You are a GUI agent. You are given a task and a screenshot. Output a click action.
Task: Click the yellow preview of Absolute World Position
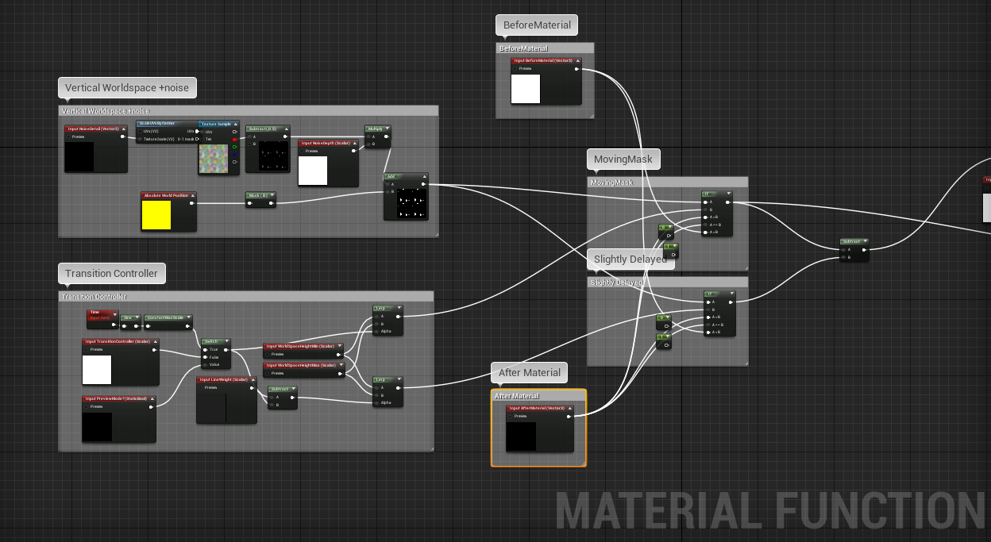pyautogui.click(x=156, y=215)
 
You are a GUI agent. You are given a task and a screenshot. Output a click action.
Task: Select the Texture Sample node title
pyautogui.click(x=216, y=124)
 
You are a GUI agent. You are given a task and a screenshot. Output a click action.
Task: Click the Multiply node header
pyautogui.click(x=377, y=128)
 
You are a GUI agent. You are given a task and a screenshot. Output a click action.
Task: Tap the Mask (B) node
pyautogui.click(x=260, y=194)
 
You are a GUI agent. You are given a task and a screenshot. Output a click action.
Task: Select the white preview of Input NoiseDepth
pyautogui.click(x=312, y=171)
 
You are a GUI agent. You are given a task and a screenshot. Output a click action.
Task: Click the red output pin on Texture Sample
pyautogui.click(x=234, y=139)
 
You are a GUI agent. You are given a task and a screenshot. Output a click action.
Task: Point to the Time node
pyautogui.click(x=102, y=316)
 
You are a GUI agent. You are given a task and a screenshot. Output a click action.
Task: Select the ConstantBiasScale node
pyautogui.click(x=168, y=317)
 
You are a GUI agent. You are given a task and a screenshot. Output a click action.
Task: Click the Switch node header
pyautogui.click(x=212, y=341)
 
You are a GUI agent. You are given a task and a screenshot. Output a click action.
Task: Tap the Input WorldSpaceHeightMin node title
pyautogui.click(x=303, y=346)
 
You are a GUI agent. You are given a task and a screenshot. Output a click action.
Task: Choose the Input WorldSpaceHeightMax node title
pyautogui.click(x=303, y=365)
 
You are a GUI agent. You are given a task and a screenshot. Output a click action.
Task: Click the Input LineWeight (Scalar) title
pyautogui.click(x=226, y=379)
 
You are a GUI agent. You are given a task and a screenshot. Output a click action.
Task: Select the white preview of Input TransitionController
pyautogui.click(x=97, y=370)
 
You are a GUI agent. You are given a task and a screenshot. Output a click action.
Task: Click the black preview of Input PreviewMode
pyautogui.click(x=97, y=427)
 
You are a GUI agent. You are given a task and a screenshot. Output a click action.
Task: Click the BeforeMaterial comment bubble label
pyautogui.click(x=537, y=25)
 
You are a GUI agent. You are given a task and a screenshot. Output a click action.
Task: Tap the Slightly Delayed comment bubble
pyautogui.click(x=630, y=259)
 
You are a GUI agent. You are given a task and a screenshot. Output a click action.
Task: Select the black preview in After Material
pyautogui.click(x=521, y=436)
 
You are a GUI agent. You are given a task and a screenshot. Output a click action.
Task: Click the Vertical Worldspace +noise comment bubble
pyautogui.click(x=127, y=87)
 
